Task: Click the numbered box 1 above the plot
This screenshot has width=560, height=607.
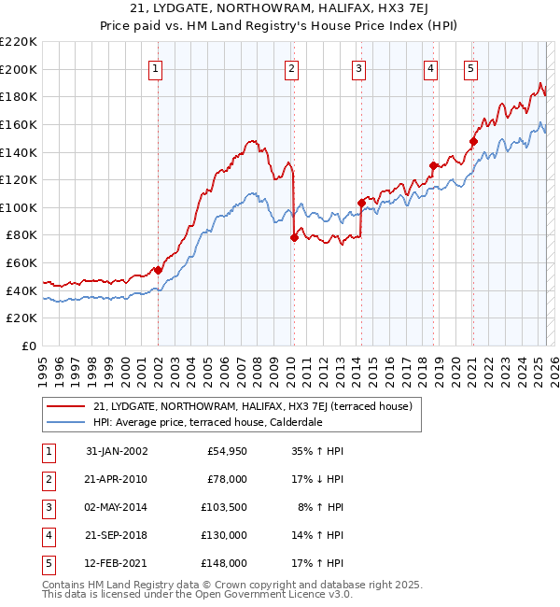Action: pos(154,67)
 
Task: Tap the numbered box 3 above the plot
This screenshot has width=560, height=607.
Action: pos(358,67)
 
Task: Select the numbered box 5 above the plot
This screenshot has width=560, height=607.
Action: pos(470,67)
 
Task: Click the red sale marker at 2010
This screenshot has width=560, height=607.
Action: pos(294,237)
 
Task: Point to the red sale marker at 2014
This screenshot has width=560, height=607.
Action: pos(361,202)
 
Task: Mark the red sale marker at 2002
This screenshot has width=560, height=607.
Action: pos(158,270)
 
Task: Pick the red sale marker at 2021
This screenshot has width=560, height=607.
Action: pos(473,142)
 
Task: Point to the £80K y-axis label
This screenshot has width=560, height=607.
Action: pos(21,235)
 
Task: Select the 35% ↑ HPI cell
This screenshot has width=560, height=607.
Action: pos(318,451)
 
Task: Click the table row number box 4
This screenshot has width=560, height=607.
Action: pos(47,535)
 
